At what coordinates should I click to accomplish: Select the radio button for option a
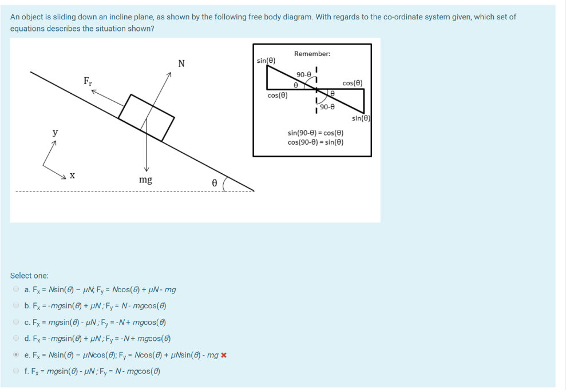coord(16,289)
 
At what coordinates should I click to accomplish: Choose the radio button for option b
coord(16,305)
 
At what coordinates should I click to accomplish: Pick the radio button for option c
coord(16,322)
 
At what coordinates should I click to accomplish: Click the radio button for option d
coord(16,338)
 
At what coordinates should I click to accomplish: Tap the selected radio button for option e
coord(16,355)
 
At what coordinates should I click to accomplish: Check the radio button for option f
coord(16,371)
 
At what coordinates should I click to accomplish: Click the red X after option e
coord(224,355)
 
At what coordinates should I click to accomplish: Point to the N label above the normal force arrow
coord(181,63)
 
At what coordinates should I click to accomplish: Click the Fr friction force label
coord(88,81)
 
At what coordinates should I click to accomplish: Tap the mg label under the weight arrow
coord(145,180)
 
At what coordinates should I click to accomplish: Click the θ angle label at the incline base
coord(214,182)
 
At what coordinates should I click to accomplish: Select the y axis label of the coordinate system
coord(55,132)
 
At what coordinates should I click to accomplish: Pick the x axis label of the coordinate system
coord(72,176)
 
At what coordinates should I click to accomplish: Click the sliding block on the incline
coord(146,117)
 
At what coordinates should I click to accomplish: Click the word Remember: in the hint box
coord(312,54)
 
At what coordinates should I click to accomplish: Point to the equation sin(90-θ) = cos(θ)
coord(315,133)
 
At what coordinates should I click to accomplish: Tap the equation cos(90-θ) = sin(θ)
coord(315,142)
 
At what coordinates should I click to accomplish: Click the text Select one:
coord(29,276)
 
